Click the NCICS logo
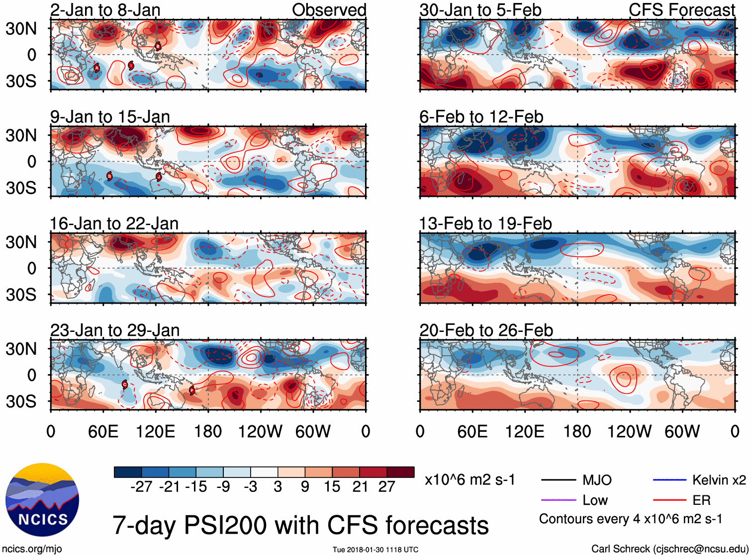pyautogui.click(x=42, y=500)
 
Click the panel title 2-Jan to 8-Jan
pyautogui.click(x=105, y=10)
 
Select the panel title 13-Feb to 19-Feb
pyautogui.click(x=485, y=224)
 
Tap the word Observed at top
pyautogui.click(x=329, y=10)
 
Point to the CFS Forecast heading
pyautogui.click(x=681, y=10)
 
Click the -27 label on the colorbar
pyautogui.click(x=141, y=487)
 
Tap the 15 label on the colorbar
pyautogui.click(x=332, y=487)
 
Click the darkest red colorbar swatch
pyautogui.click(x=400, y=472)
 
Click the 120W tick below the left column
pyautogui.click(x=260, y=431)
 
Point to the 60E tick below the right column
pyautogui.click(x=472, y=431)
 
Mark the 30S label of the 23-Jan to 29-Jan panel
pyautogui.click(x=21, y=401)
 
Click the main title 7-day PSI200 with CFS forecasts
pyautogui.click(x=300, y=525)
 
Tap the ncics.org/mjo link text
pyautogui.click(x=32, y=549)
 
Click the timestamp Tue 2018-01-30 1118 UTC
pyautogui.click(x=375, y=550)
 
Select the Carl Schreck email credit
pyautogui.click(x=669, y=549)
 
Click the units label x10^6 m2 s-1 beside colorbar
pyautogui.click(x=469, y=480)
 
